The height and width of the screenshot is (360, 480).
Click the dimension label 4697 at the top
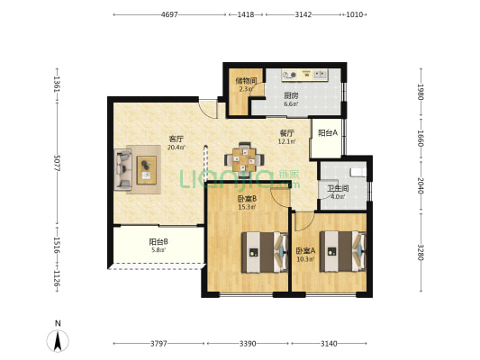click(x=169, y=14)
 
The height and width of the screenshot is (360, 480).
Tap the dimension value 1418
click(x=246, y=14)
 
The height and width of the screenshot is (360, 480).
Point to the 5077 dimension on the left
click(x=57, y=163)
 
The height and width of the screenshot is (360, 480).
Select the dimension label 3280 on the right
click(x=421, y=252)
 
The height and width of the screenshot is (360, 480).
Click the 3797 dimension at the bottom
click(x=158, y=344)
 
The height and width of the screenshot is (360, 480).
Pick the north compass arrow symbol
click(x=58, y=340)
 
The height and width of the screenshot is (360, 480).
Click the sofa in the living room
click(x=123, y=169)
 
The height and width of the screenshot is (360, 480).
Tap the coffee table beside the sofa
click(x=146, y=170)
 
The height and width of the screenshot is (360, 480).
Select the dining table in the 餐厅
click(x=244, y=159)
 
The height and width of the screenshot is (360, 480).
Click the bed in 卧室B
click(x=265, y=252)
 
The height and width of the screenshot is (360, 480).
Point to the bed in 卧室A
click(x=343, y=251)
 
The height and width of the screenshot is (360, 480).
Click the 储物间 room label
click(x=246, y=81)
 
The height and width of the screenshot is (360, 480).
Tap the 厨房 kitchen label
click(x=291, y=95)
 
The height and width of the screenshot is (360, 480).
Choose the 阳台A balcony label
click(x=328, y=132)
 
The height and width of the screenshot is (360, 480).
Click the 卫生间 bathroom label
click(x=338, y=189)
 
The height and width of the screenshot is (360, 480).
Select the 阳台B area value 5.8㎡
click(x=158, y=250)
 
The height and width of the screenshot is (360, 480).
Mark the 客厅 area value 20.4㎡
click(x=176, y=147)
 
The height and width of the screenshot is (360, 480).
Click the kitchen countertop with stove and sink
click(x=304, y=75)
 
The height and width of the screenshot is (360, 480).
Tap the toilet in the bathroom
click(x=358, y=172)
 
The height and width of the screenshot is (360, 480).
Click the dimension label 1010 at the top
click(x=354, y=14)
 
